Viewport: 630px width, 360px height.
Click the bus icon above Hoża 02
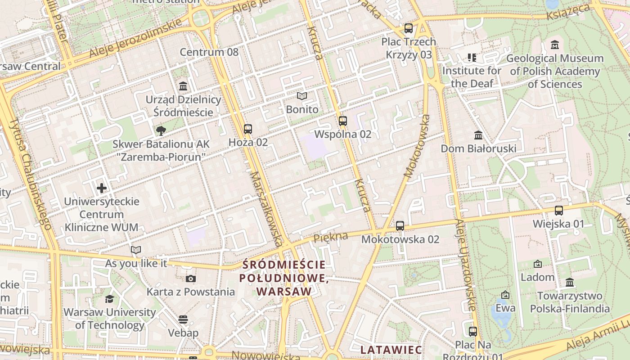click(247, 129)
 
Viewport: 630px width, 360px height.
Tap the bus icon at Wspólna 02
click(343, 121)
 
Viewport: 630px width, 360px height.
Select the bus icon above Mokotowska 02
click(400, 226)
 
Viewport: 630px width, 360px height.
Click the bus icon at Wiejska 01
click(559, 210)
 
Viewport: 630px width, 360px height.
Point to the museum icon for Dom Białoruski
click(478, 135)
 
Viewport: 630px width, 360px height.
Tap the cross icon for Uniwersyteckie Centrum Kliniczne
click(102, 188)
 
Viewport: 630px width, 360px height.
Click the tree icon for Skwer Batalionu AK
click(161, 131)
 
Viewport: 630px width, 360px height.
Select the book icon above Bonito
click(302, 96)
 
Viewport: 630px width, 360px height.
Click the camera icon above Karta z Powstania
click(191, 279)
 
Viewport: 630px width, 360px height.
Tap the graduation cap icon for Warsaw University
click(109, 299)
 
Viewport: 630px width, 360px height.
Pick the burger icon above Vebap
click(183, 319)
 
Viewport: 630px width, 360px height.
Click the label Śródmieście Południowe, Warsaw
click(283, 278)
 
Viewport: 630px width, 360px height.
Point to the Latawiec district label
click(391, 350)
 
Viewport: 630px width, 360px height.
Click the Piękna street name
click(331, 237)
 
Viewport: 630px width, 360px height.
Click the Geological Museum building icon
click(555, 45)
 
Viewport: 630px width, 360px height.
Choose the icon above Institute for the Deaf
click(472, 57)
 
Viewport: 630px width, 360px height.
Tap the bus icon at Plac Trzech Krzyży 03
click(409, 28)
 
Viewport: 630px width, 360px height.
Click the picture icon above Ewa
click(505, 295)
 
